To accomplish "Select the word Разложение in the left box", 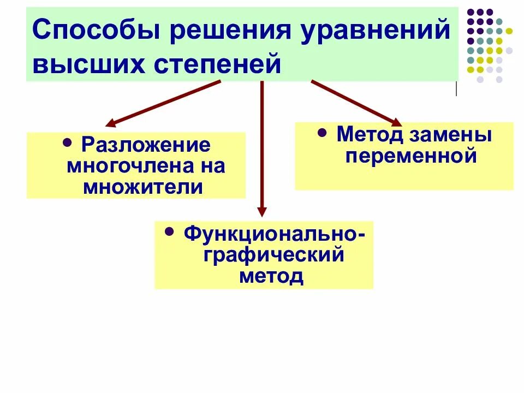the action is (x=146, y=146).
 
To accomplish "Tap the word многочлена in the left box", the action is (x=124, y=166).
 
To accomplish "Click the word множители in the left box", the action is (x=143, y=187).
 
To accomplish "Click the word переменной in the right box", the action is (x=411, y=156).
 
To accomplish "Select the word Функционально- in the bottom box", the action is (x=274, y=234).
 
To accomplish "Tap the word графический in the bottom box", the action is (x=274, y=254).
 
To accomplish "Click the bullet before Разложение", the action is (x=68, y=143).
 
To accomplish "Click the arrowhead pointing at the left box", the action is (x=111, y=123).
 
